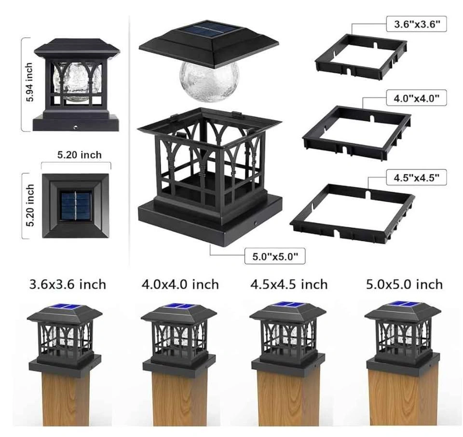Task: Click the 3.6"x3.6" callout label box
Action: [416, 24]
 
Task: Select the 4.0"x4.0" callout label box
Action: [416, 98]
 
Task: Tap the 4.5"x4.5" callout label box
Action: [416, 177]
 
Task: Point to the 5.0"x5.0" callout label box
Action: [275, 256]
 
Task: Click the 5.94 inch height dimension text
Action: [29, 82]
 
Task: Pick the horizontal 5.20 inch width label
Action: [79, 155]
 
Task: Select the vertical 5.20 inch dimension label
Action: [30, 206]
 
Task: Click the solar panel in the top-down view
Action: [76, 205]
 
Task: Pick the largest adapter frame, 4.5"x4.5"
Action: [353, 213]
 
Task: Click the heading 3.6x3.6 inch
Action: [68, 284]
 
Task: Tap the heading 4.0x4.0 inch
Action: [180, 284]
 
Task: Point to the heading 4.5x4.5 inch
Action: [289, 284]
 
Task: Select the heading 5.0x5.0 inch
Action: [405, 284]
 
